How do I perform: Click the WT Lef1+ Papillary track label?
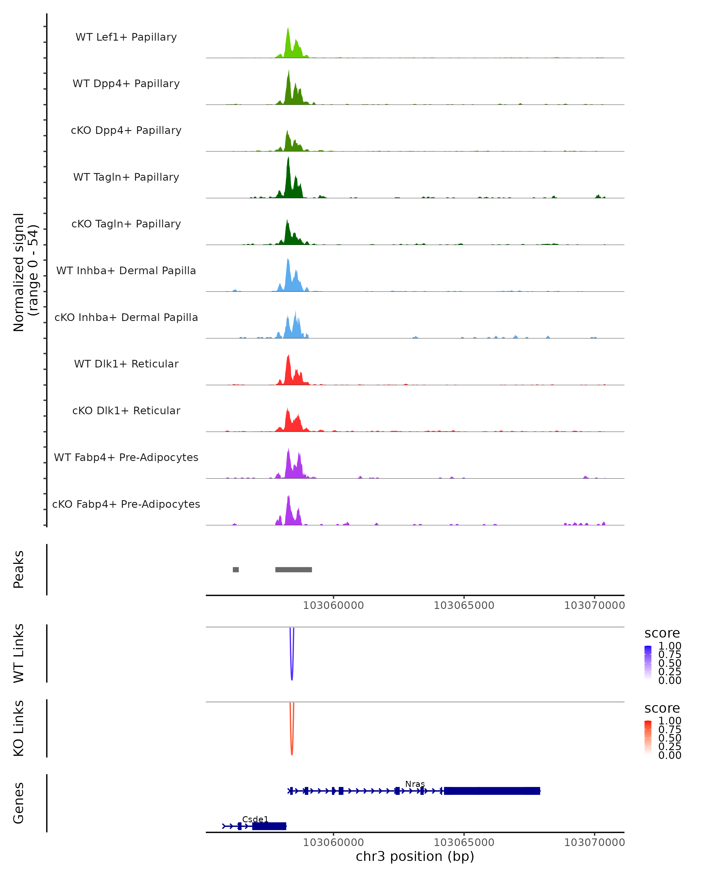click(126, 37)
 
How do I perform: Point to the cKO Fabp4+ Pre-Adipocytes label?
click(126, 504)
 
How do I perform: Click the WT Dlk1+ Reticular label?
click(126, 364)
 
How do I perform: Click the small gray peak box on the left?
click(236, 569)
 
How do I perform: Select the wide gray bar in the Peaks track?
click(293, 569)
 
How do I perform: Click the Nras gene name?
click(415, 784)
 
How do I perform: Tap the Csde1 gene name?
click(255, 819)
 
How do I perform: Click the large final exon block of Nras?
click(492, 791)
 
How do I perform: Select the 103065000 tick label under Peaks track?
click(464, 605)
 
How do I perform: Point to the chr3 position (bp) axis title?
click(415, 856)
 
